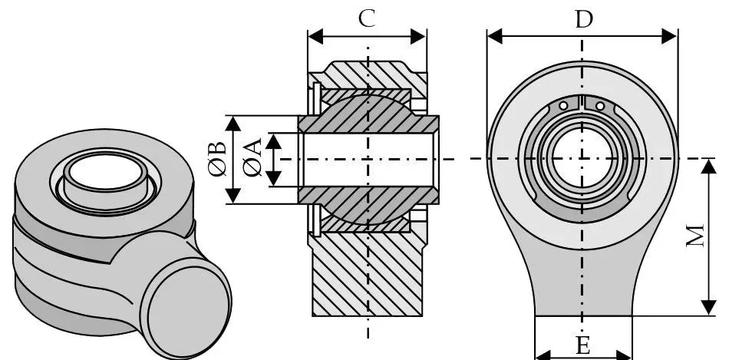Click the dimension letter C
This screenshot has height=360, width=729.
click(368, 18)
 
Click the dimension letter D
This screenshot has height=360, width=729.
click(584, 19)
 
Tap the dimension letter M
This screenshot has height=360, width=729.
click(695, 237)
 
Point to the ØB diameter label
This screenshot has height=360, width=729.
click(218, 159)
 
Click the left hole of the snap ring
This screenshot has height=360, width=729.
click(564, 105)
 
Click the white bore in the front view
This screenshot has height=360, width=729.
click(581, 158)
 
